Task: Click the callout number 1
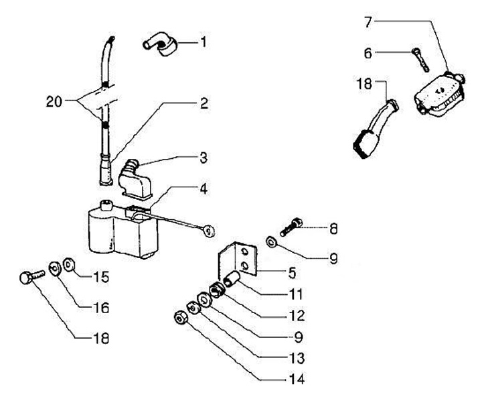203,42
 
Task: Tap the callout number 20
54,102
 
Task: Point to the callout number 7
368,23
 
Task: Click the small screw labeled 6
420,60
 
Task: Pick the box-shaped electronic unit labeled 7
439,93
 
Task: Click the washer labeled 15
69,265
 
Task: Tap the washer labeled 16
55,269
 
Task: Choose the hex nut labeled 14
180,318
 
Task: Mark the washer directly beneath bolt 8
271,241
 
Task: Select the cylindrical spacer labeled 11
233,279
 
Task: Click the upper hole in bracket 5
245,252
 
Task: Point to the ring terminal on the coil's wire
209,231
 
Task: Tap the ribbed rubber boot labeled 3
136,178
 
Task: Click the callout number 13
297,358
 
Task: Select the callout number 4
204,188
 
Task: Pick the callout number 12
297,316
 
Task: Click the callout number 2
204,103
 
